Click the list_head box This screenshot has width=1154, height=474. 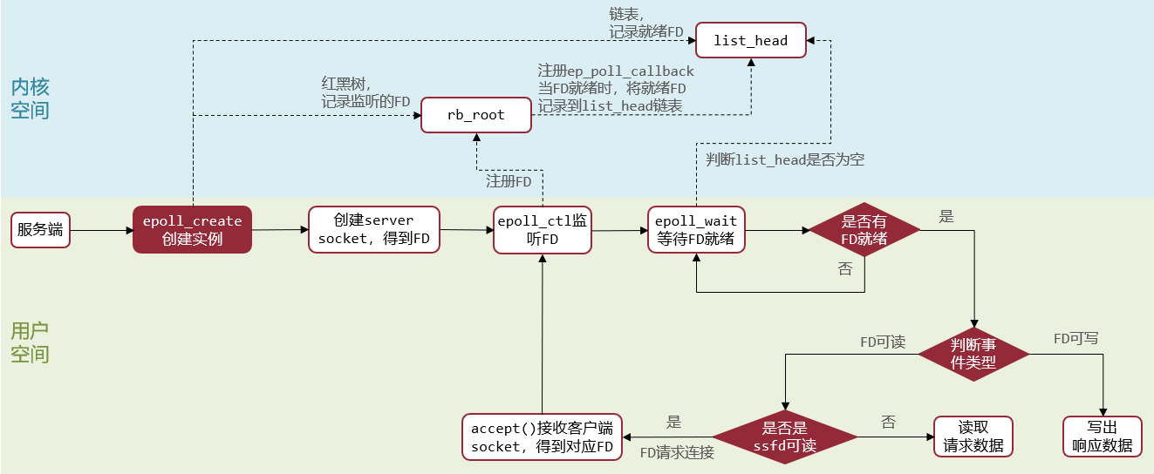pos(750,41)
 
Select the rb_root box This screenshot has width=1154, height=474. pos(475,115)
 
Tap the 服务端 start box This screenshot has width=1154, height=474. pos(40,230)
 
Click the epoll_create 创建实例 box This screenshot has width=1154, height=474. pos(192,230)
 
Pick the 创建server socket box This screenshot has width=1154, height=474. pos(372,230)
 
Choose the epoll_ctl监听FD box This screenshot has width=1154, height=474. pos(542,230)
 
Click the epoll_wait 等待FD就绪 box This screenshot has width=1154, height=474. pos(696,230)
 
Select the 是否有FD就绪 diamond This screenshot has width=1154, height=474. pos(864,230)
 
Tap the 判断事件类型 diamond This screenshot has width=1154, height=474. pos(973,354)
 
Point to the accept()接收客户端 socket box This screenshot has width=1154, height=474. pos(542,437)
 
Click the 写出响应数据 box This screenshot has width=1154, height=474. pos(1103,437)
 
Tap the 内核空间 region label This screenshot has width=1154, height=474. pos(30,98)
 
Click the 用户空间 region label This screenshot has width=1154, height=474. pos(30,342)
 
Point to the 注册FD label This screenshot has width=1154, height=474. pos(509,182)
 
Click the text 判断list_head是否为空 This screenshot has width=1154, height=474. pos(785,159)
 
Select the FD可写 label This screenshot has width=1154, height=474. pos(1075,338)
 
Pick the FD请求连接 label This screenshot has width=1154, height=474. pos(677,452)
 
